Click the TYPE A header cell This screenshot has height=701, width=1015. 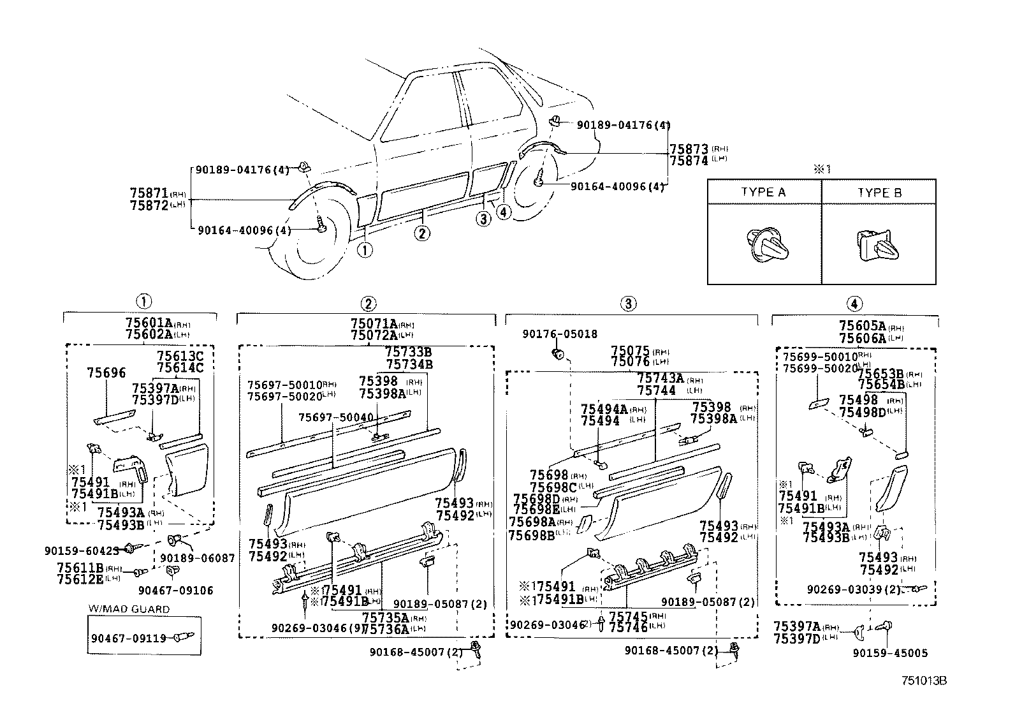pos(763,193)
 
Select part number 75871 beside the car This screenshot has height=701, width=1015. pos(149,193)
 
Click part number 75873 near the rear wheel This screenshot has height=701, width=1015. pos(689,149)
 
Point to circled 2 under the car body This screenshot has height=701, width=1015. pos(421,233)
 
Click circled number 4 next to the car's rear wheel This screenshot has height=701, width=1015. pos(504,212)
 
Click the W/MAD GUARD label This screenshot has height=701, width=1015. pos(129,609)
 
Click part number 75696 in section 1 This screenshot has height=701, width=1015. pos(106,373)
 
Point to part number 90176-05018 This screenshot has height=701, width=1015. pos(560,334)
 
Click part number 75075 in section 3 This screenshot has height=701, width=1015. pos(630,351)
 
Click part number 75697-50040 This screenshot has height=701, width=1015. pos(336,417)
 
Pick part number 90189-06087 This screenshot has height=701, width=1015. pos(198,557)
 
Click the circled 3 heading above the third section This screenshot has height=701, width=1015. pos(628,304)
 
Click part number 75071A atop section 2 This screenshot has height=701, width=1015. pos(374,324)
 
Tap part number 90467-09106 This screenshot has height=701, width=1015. pos(176,591)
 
